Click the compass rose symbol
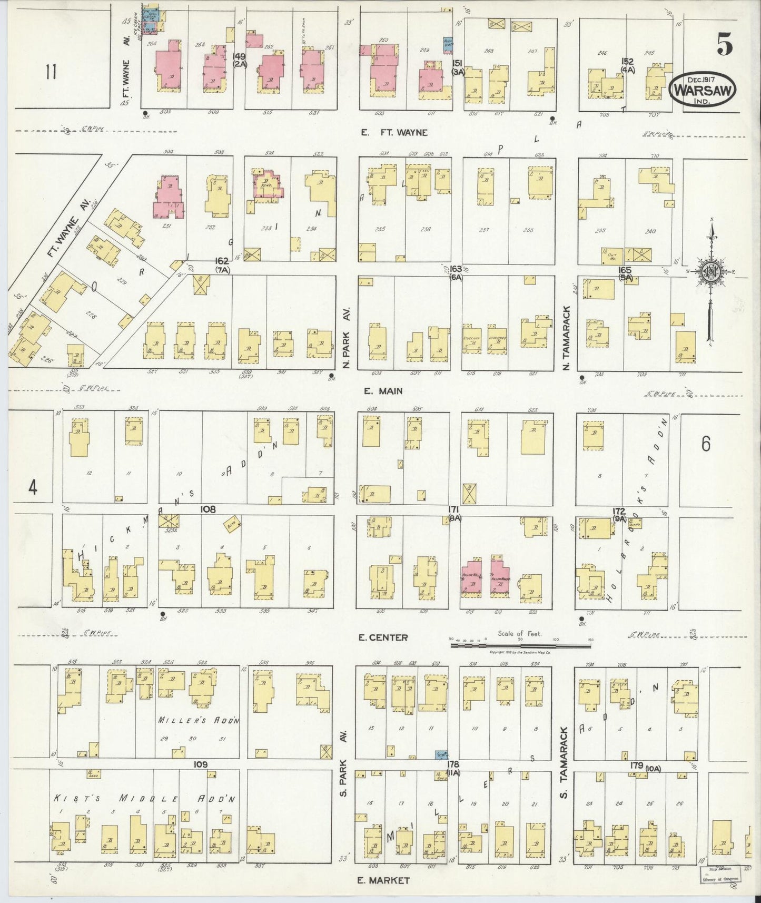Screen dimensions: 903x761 (x=711, y=272)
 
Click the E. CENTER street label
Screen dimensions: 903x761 (x=382, y=637)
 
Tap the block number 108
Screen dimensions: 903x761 (x=208, y=509)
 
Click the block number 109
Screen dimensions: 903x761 (x=200, y=764)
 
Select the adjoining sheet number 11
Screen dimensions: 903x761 (x=51, y=71)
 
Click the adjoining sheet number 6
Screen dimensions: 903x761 (x=705, y=445)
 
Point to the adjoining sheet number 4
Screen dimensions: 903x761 (x=33, y=488)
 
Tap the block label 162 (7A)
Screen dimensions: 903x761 (x=222, y=264)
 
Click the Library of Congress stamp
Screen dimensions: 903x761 (x=719, y=875)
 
